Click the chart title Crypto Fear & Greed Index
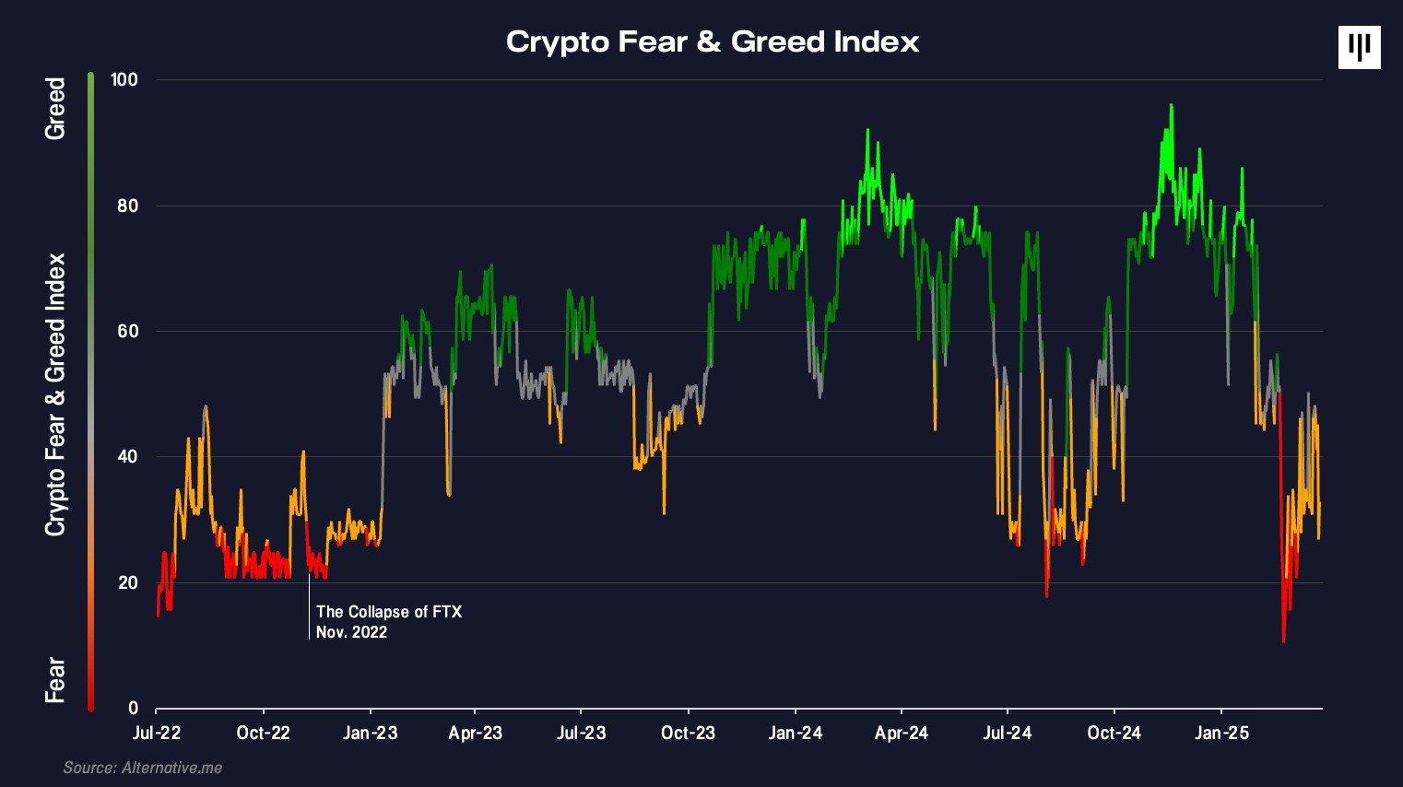[713, 41]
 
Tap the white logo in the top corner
[1359, 47]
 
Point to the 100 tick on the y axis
[124, 79]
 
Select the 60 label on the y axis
[127, 331]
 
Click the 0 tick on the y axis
[133, 708]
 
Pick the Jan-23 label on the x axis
[370, 733]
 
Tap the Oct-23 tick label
[688, 733]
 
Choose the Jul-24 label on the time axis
[1007, 733]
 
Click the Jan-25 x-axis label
[1221, 733]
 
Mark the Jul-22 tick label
[157, 733]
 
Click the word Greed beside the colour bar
[55, 109]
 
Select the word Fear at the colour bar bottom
[55, 680]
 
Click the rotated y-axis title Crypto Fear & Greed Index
[55, 394]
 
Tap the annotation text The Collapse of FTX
[388, 612]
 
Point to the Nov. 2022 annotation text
[351, 632]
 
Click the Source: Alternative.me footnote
[143, 768]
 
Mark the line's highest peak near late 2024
[1171, 105]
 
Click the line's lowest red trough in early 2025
[1283, 640]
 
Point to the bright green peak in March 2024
[867, 131]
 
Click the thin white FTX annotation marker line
[309, 608]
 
